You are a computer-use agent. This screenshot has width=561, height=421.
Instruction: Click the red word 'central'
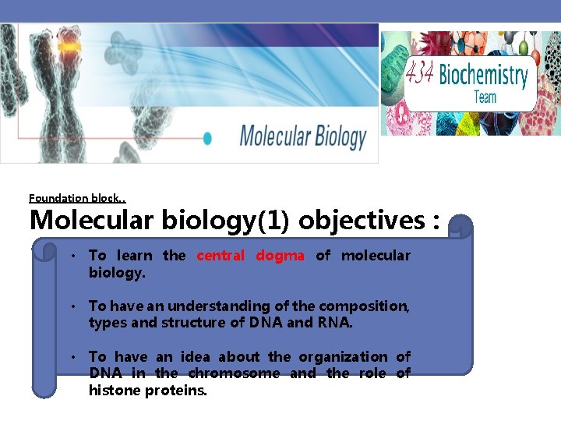pyautogui.click(x=221, y=256)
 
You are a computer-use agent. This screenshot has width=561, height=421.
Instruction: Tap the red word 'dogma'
pyautogui.click(x=280, y=256)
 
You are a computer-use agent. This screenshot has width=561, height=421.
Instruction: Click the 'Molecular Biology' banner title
pyautogui.click(x=302, y=136)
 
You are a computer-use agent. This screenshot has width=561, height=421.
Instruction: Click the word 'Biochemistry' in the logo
pyautogui.click(x=483, y=76)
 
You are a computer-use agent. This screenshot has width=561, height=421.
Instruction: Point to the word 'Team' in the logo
pyautogui.click(x=485, y=97)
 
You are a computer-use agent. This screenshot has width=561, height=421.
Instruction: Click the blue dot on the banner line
pyautogui.click(x=207, y=138)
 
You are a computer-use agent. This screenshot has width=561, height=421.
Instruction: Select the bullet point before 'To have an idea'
pyautogui.click(x=71, y=357)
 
